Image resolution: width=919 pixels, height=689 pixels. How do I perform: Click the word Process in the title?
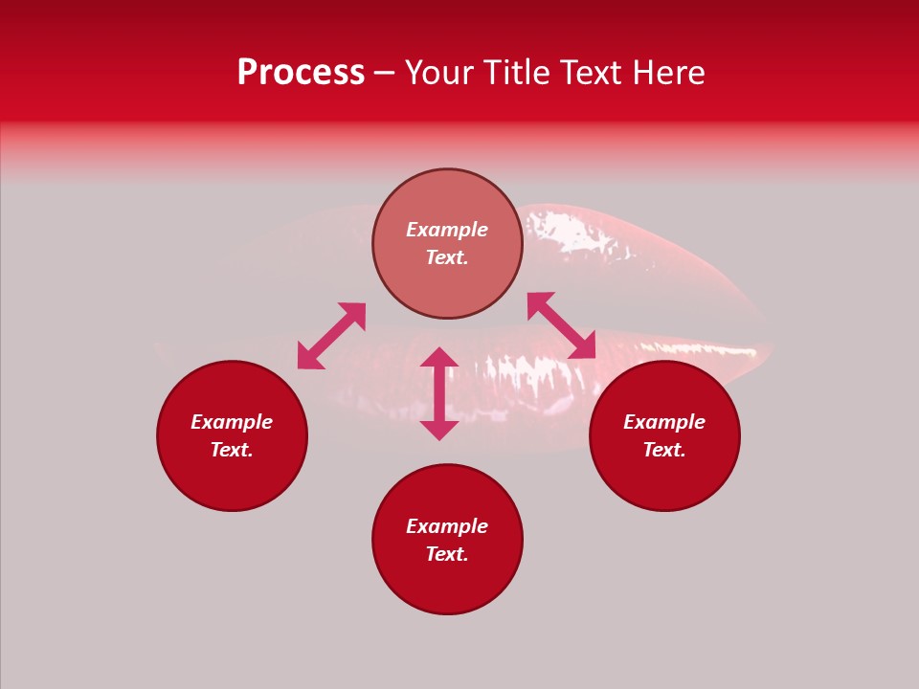coord(301,73)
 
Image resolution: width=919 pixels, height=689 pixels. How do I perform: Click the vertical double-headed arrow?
coord(439,393)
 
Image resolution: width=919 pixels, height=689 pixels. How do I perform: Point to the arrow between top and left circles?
coord(331,336)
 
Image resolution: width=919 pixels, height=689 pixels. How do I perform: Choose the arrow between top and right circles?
coord(561,325)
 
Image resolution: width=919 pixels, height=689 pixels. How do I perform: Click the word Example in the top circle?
coord(447,230)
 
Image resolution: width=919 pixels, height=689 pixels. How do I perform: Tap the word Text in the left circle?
coord(232,450)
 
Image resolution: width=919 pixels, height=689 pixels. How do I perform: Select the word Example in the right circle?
coord(664,422)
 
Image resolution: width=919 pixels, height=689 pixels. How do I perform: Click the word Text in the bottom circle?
coord(447,554)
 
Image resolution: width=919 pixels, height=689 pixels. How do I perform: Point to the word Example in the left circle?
coord(232,422)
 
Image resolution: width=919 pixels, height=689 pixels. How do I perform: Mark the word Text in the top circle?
coord(447,257)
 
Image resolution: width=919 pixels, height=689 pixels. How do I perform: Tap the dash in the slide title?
coord(384,73)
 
